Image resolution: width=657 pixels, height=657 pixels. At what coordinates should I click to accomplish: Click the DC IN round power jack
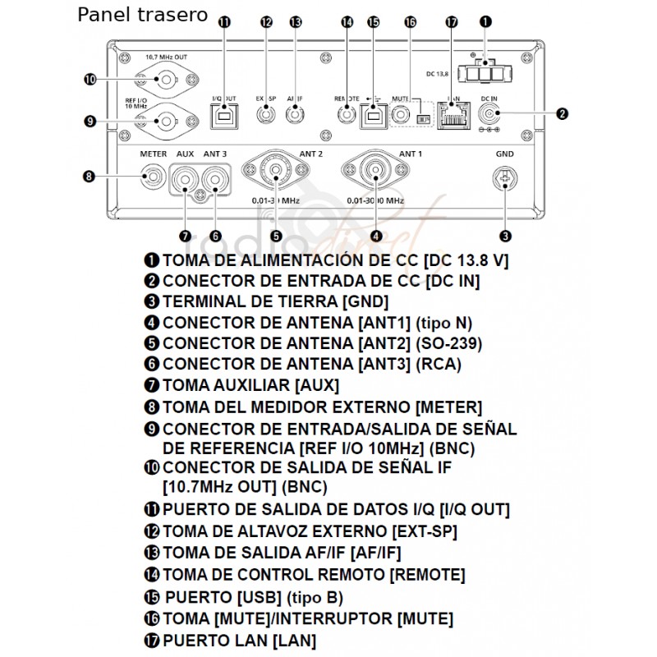tap(493, 114)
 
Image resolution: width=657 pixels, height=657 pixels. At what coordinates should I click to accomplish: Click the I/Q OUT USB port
tap(224, 116)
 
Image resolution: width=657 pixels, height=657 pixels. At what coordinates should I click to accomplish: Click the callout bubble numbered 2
tap(563, 114)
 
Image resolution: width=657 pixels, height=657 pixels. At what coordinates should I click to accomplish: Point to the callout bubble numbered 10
tap(90, 79)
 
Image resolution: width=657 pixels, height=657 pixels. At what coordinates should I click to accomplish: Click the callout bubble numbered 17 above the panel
tap(450, 23)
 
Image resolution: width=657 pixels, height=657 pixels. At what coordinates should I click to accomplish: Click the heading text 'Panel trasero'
tap(143, 15)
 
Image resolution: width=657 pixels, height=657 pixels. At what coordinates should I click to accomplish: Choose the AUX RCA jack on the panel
tap(185, 176)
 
